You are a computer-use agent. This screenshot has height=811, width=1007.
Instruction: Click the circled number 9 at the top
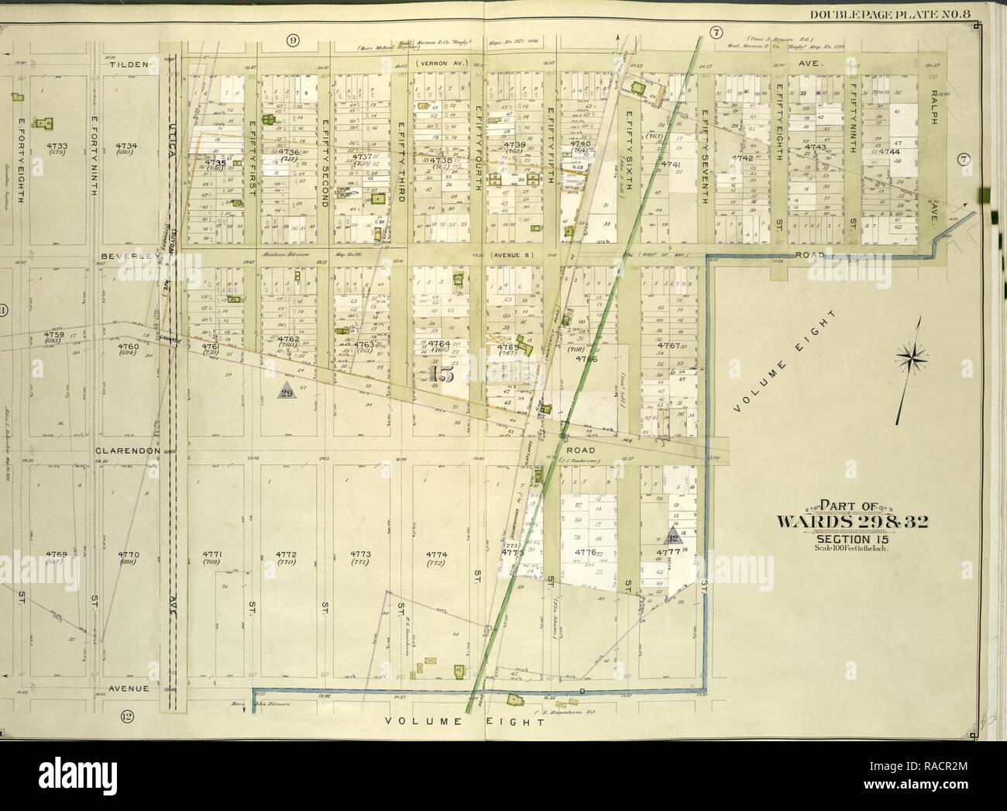294,41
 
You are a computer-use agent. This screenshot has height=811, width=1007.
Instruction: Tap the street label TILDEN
128,65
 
